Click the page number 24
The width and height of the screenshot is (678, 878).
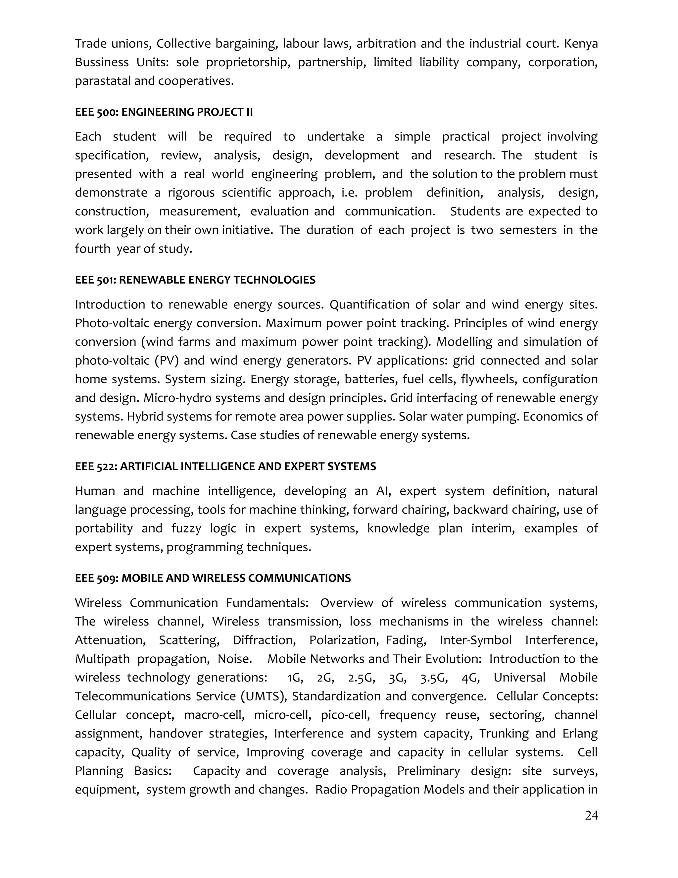(x=591, y=815)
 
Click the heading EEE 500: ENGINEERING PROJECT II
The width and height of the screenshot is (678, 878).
(x=164, y=112)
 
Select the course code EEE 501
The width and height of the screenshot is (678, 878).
(x=95, y=280)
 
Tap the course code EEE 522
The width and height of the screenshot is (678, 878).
(x=95, y=466)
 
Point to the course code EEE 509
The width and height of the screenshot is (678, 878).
(x=95, y=578)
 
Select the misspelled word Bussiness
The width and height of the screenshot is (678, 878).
(x=102, y=62)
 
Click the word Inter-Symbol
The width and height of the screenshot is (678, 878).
(x=476, y=640)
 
